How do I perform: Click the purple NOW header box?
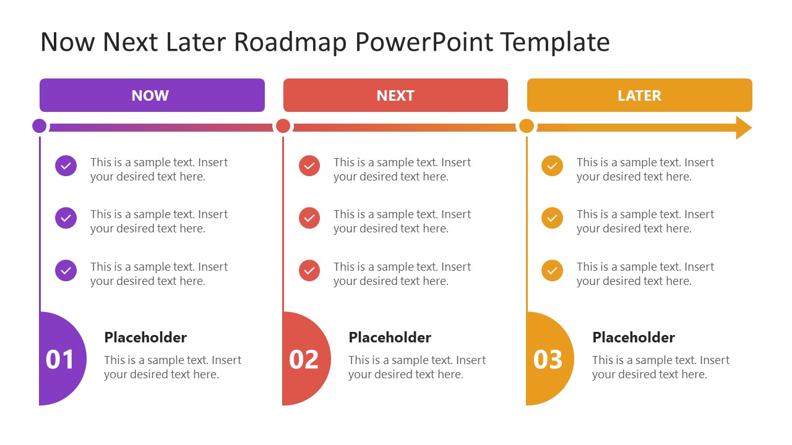point(152,95)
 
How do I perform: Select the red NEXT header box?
point(395,95)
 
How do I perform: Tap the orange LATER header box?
point(639,95)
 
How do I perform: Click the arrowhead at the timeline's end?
point(743,127)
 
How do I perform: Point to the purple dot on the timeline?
point(40,126)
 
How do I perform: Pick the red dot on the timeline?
point(283,126)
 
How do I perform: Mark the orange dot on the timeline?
point(527,126)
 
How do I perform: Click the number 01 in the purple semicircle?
point(60,360)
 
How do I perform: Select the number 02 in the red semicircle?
point(304,360)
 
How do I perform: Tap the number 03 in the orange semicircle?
point(548,360)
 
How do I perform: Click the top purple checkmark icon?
point(66,166)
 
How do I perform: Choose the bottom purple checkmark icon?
point(66,271)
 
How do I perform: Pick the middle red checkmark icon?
point(309,218)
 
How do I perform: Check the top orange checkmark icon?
point(553,166)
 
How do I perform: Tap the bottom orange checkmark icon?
point(553,271)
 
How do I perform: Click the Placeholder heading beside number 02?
point(390,337)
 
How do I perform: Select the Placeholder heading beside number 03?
point(634,337)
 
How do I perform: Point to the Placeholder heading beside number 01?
point(145,337)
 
